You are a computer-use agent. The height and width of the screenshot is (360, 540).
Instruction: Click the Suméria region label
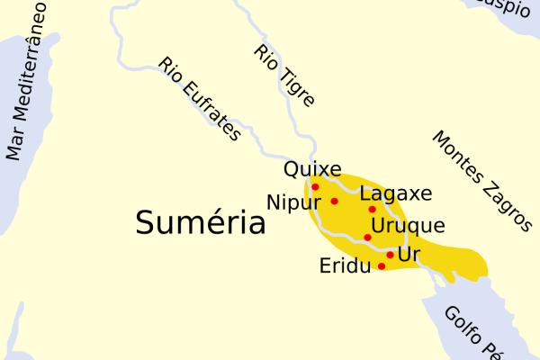[x=200, y=221]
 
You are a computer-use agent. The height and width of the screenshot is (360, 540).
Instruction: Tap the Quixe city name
[x=312, y=169]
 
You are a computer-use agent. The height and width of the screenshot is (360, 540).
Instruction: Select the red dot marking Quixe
[x=315, y=187]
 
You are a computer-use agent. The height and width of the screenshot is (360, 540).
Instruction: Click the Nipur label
[x=294, y=201]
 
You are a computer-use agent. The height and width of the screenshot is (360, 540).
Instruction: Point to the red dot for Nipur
[x=334, y=201]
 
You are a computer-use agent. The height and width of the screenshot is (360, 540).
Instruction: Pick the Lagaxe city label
[x=395, y=193]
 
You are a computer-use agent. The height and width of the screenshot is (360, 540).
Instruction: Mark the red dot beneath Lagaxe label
[x=372, y=209]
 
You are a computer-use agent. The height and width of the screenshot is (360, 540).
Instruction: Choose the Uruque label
[x=408, y=225]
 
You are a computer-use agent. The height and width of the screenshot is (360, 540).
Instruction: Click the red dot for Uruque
[x=367, y=238]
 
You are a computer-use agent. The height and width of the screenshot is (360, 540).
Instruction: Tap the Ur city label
[x=409, y=255]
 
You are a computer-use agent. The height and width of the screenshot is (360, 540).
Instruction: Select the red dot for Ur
[x=390, y=255]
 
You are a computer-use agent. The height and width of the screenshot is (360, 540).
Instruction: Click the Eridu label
[x=345, y=266]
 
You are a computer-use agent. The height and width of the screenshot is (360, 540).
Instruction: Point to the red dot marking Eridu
[x=382, y=266]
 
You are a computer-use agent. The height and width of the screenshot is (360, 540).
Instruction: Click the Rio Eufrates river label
[x=200, y=99]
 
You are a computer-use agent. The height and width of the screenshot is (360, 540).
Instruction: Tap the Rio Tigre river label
[x=283, y=76]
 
